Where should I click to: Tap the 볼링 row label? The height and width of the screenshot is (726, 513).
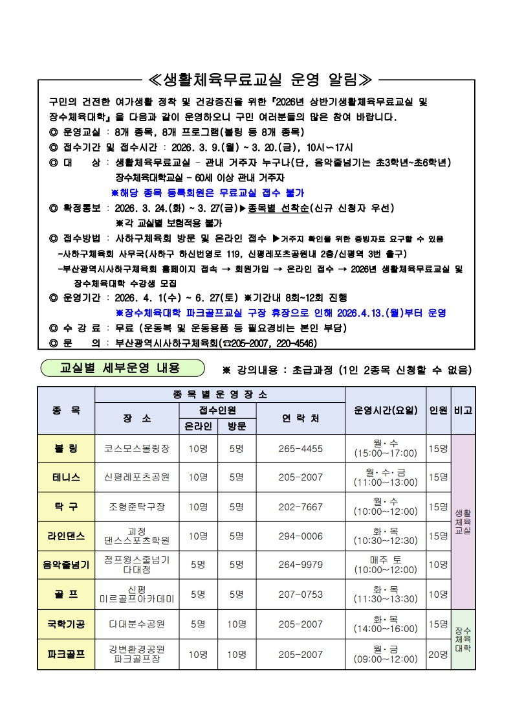pos(66,448)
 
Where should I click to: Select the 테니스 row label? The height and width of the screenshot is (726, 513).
pos(66,477)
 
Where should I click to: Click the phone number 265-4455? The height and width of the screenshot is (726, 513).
pos(300,448)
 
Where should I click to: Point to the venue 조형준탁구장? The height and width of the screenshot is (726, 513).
pos(136,506)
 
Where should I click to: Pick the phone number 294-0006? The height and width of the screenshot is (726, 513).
pos(300,536)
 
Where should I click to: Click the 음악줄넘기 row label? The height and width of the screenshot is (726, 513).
pos(66,565)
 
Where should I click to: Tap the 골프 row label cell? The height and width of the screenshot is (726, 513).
pos(66,594)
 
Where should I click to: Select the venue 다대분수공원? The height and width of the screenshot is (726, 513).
pos(136,624)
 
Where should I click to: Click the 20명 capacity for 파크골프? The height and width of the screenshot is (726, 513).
pos(438,654)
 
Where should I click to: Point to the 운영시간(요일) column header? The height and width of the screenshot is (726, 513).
pos(386,410)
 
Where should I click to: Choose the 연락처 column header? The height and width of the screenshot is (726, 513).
pos(300,418)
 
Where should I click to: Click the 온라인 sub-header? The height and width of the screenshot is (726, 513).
pos(198,426)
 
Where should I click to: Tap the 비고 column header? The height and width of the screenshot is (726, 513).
pos(463,410)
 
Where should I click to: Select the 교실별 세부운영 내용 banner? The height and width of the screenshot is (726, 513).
pos(120,368)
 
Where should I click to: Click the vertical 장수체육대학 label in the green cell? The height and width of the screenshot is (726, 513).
pos(463,639)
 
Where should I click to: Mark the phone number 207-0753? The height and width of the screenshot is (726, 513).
pos(300,594)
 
